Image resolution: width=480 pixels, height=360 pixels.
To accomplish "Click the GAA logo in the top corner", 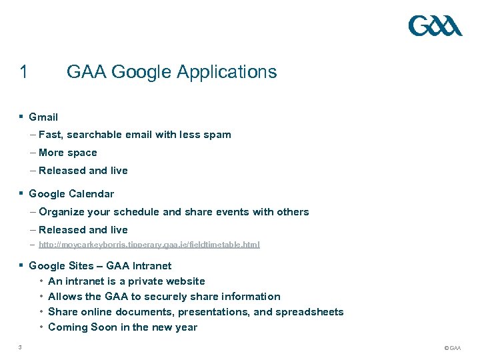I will tap(435, 26).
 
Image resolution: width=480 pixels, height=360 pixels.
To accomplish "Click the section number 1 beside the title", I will tap(24, 72).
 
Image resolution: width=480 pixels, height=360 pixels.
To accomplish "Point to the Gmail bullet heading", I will tap(43, 117).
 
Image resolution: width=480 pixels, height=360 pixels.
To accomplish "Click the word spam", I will tap(218, 135).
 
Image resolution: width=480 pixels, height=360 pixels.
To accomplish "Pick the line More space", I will tap(67, 153).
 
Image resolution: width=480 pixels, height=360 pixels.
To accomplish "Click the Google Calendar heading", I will tap(71, 194).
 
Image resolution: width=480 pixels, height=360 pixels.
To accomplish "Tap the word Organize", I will tap(62, 212).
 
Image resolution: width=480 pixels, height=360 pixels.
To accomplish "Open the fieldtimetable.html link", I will tap(149, 245).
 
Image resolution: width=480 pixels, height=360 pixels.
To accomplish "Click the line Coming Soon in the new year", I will tap(123, 327).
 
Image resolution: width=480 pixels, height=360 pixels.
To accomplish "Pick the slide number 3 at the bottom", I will tap(21, 347).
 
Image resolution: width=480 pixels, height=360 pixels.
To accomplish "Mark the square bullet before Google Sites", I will tap(21, 265).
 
